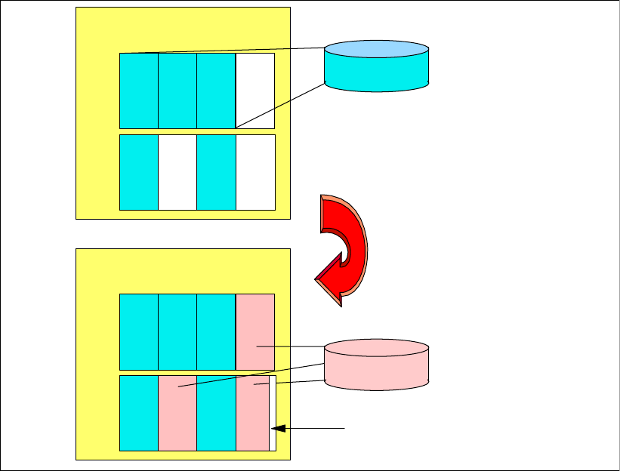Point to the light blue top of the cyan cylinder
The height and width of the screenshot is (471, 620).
click(x=376, y=49)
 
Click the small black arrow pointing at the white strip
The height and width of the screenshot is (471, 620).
click(x=310, y=428)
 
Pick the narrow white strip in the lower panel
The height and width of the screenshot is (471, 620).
click(x=273, y=413)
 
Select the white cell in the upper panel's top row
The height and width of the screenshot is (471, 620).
click(x=254, y=91)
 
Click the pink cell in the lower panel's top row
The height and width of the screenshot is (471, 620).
click(x=254, y=331)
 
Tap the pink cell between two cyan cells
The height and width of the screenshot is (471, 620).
click(x=177, y=413)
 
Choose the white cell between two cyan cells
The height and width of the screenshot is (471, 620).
click(x=177, y=172)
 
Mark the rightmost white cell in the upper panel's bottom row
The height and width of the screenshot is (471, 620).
click(x=254, y=172)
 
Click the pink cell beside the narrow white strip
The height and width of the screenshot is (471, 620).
click(x=252, y=413)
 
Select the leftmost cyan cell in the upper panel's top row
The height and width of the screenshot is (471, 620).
click(x=139, y=91)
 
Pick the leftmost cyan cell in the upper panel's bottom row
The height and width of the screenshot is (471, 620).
click(x=139, y=172)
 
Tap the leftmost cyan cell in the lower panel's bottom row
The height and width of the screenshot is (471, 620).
click(x=139, y=413)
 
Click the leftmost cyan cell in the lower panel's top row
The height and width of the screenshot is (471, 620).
click(x=139, y=331)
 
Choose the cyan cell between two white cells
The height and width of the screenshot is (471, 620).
click(x=216, y=172)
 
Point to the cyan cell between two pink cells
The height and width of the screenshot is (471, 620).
click(x=216, y=413)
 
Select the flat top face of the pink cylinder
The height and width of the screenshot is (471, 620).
click(x=376, y=349)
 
